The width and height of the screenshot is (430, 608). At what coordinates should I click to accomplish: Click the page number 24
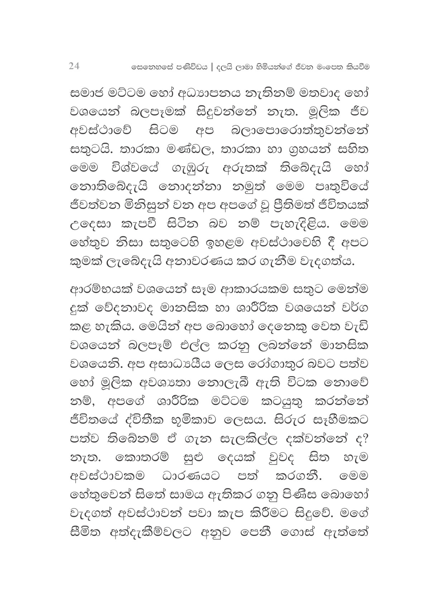[74, 66]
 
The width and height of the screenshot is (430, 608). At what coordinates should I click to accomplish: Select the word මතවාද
[314, 94]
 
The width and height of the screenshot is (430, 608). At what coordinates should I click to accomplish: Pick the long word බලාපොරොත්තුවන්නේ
[298, 131]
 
